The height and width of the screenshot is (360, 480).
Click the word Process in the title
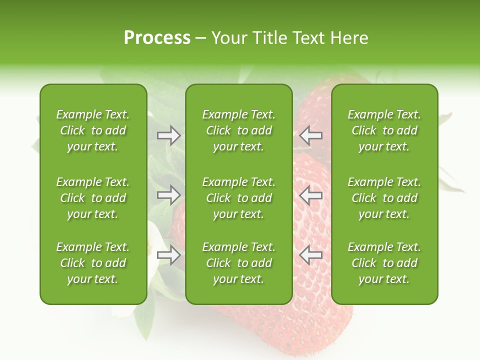pyautogui.click(x=157, y=38)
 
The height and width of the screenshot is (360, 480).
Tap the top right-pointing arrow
pyautogui.click(x=169, y=135)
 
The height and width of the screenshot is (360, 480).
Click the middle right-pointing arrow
pyautogui.click(x=169, y=194)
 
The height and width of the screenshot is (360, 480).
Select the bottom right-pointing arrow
pyautogui.click(x=169, y=255)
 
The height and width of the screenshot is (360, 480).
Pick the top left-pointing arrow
pyautogui.click(x=310, y=135)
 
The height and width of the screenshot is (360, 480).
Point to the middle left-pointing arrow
pyautogui.click(x=310, y=194)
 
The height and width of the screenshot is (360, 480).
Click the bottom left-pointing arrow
pyautogui.click(x=310, y=255)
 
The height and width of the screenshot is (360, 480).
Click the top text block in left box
pyautogui.click(x=93, y=130)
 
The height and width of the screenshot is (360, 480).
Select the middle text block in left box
pyautogui.click(x=93, y=198)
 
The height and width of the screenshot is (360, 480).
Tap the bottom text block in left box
pyautogui.click(x=93, y=263)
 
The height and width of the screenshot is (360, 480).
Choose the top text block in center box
pyautogui.click(x=238, y=130)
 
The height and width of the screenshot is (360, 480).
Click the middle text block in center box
pyautogui.click(x=238, y=198)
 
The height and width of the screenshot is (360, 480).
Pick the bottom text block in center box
pyautogui.click(x=238, y=263)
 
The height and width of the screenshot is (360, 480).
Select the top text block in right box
pyautogui.click(x=384, y=130)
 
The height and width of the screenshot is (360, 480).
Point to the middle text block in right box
pyautogui.click(x=384, y=198)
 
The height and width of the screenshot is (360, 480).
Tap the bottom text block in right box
pyautogui.click(x=384, y=263)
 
